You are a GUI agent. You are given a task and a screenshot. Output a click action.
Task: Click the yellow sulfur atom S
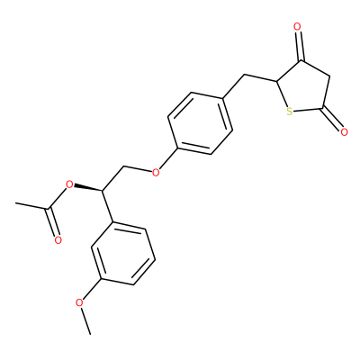[289, 112]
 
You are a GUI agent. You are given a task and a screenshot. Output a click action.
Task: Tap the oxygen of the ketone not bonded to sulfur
[297, 27]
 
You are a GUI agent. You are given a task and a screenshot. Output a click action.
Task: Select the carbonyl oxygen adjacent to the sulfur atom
[344, 131]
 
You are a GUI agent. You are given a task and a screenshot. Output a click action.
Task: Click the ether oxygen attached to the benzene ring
[156, 172]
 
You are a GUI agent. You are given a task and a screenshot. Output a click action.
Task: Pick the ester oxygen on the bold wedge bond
[69, 184]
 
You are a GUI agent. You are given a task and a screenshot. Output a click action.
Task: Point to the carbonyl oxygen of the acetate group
[58, 240]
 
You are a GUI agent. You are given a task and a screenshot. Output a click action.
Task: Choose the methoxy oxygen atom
[79, 302]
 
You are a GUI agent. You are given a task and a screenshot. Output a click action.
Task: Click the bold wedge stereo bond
[88, 187]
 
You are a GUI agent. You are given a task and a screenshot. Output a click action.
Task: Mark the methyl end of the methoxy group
[90, 334]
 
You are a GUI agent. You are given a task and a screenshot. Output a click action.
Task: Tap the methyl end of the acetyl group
[15, 203]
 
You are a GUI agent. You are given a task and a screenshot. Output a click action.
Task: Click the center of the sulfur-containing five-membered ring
[304, 89]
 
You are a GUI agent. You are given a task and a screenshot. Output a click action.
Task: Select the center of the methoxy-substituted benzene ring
[123, 253]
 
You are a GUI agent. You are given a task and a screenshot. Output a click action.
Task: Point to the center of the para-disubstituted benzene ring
[200, 123]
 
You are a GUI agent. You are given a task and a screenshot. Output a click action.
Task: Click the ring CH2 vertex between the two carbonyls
[330, 76]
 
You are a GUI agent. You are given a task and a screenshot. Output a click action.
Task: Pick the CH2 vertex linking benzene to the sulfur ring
[245, 74]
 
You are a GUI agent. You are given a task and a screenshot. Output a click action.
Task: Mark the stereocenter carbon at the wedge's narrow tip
[103, 191]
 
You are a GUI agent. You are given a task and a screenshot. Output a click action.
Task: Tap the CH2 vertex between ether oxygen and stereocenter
[124, 166]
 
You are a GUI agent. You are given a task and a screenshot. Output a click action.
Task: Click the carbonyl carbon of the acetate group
[48, 209]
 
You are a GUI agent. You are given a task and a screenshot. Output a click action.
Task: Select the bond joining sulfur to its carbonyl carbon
[308, 110]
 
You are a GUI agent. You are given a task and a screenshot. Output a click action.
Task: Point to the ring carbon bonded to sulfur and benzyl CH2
[276, 81]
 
